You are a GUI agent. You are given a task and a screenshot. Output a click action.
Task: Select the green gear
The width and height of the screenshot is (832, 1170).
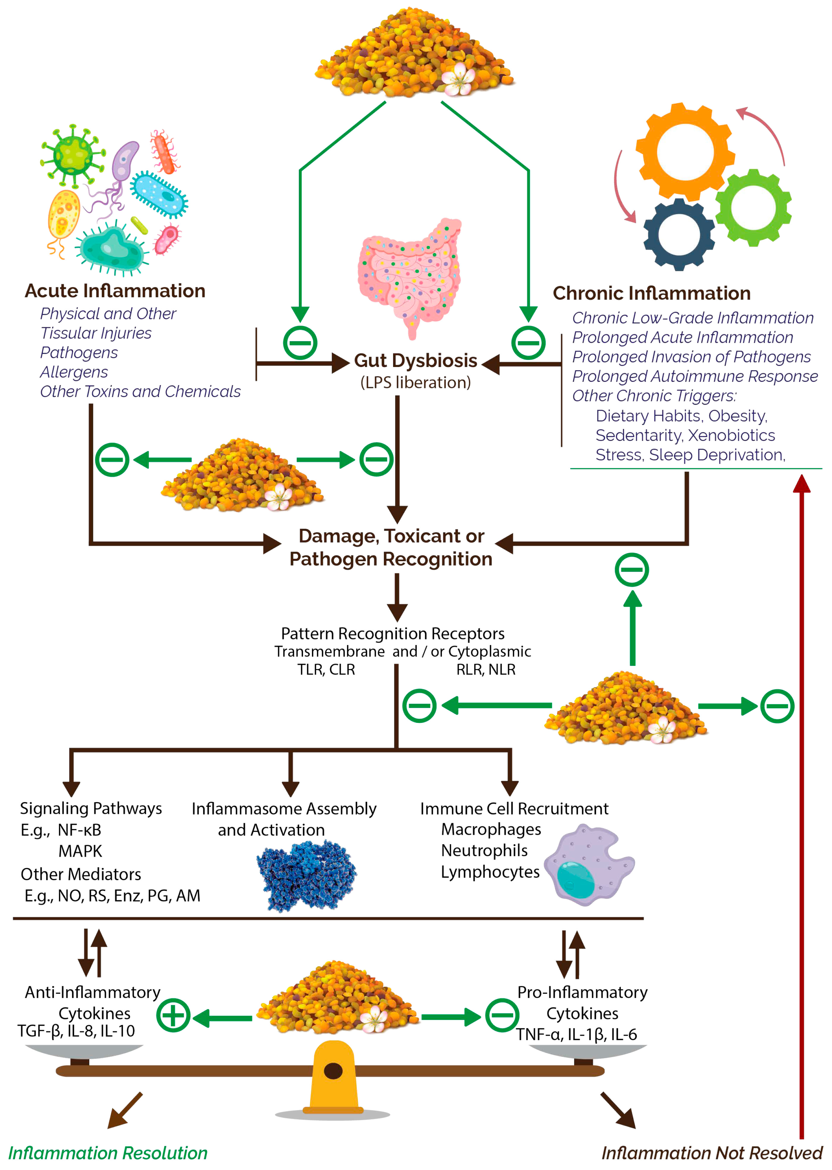click(753, 207)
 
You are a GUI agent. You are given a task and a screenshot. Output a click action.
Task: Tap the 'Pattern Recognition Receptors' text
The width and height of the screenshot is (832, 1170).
click(392, 634)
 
